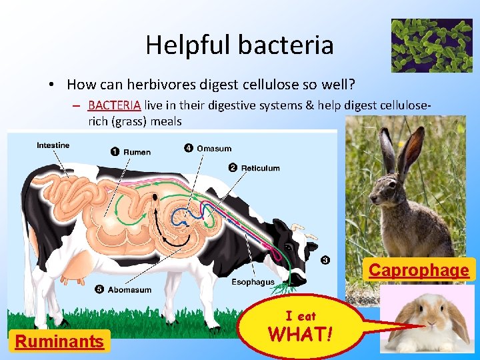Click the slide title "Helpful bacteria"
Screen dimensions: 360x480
point(239,45)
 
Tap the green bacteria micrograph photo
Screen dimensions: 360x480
point(431,45)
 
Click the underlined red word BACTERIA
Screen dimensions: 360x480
point(114,105)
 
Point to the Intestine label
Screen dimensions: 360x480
point(53,145)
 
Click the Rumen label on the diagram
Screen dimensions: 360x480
point(137,152)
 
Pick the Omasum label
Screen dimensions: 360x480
point(214,148)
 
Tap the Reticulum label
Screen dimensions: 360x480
point(260,168)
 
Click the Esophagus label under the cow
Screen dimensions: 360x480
point(253,282)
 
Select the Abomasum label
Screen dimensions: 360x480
point(129,289)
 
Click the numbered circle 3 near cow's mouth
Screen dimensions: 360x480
point(325,260)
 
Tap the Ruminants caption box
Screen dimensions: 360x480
point(60,342)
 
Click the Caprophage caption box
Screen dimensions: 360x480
point(419,270)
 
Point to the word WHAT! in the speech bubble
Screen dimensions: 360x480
point(301,333)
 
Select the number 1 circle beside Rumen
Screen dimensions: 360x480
point(115,152)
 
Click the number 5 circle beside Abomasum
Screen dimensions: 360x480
point(99,289)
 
